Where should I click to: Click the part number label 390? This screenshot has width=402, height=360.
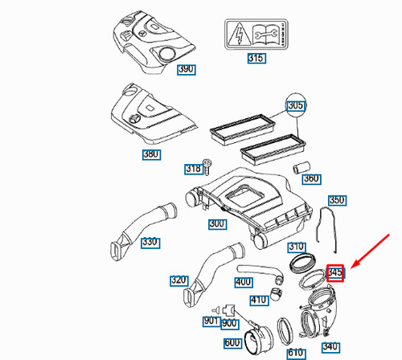[x=186, y=71]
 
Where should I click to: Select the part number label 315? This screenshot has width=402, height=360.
[x=256, y=58]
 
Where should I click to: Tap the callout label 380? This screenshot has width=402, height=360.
[x=151, y=155]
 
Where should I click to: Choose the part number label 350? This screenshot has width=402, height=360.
[x=337, y=199]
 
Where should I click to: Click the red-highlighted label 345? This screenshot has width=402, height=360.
[x=336, y=273]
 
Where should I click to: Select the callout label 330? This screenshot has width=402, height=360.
[x=150, y=242]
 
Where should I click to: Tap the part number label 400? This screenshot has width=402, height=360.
[x=244, y=282]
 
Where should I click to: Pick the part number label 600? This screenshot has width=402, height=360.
[x=232, y=342]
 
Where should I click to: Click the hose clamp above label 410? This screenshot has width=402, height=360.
[x=275, y=280]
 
